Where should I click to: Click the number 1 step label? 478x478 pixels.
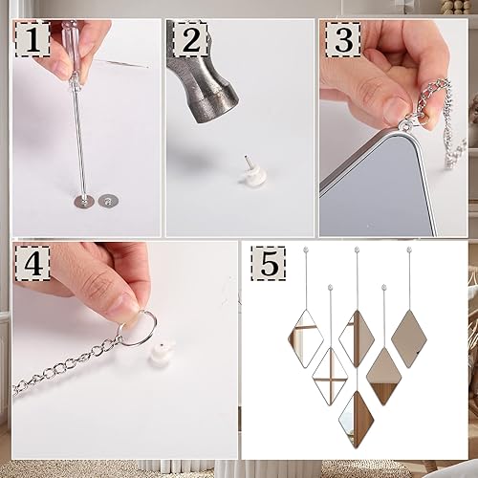click(33, 41)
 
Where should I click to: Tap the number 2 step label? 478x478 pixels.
click(188, 41)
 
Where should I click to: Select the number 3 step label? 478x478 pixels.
click(341, 41)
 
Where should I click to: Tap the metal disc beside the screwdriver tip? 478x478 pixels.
click(83, 201)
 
